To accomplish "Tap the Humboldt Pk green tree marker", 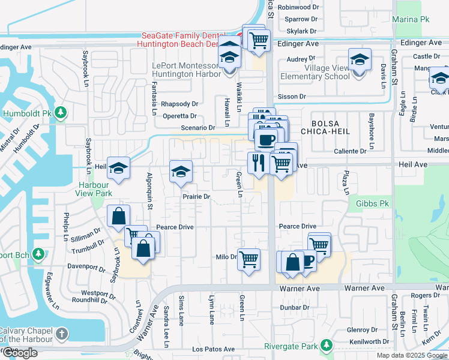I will tap(61, 113).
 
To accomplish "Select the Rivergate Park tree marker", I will tap(326, 346).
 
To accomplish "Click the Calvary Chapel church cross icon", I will tap(61, 333).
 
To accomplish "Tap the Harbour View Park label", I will tap(94, 189).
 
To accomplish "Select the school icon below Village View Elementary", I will tap(360, 62).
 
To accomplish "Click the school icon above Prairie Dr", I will tap(181, 173).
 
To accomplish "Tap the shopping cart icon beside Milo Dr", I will tap(249, 260).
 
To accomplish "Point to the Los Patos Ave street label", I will tap(213, 349).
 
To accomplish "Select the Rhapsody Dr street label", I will tap(179, 104).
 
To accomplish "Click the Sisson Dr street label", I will tap(292, 96).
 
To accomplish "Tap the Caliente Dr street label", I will tap(350, 151).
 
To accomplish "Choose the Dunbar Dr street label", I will tap(294, 307).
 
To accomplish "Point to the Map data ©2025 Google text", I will tap(412, 355).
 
